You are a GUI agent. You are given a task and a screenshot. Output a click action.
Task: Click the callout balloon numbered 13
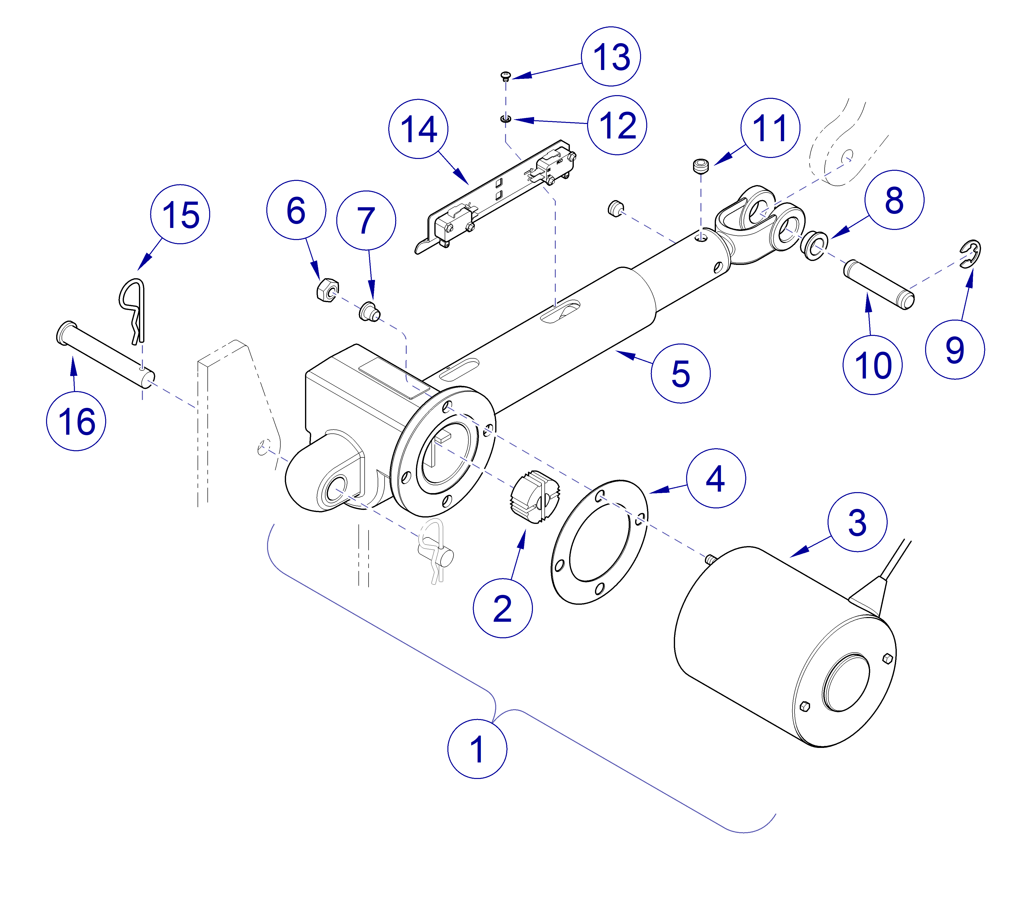pyautogui.click(x=611, y=57)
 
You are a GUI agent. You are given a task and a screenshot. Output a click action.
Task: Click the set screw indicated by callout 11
pyautogui.click(x=701, y=166)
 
